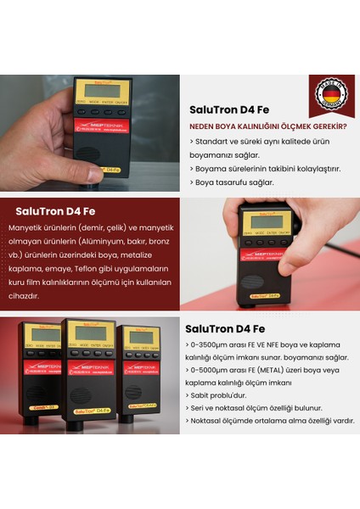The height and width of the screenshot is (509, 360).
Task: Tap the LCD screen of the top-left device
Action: tap(102, 91)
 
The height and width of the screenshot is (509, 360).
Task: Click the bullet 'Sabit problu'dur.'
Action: tap(222, 394)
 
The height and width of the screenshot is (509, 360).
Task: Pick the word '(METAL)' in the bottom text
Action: tap(284, 370)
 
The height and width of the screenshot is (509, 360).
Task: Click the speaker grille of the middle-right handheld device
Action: tap(255, 282)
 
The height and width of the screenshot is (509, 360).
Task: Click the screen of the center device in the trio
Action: tap(89, 333)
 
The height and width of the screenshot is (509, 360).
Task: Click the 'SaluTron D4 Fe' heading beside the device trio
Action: tap(225, 328)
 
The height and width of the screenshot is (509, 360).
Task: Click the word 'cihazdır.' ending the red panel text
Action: tap(24, 295)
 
